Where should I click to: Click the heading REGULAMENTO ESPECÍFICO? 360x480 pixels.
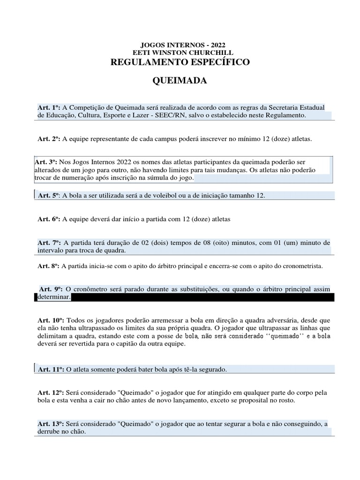180,62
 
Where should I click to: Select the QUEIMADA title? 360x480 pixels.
180,81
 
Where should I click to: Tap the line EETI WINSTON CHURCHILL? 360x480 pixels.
180,53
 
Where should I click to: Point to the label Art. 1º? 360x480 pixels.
49,107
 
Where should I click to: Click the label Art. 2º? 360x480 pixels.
49,139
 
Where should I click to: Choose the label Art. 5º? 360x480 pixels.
49,195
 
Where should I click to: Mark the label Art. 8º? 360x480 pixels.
49,266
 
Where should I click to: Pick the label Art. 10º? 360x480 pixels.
51,320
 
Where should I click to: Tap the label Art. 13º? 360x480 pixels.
51,424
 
